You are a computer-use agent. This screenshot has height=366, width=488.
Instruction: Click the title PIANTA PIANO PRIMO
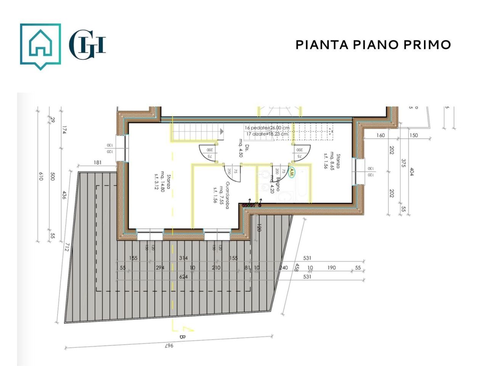coord(373,45)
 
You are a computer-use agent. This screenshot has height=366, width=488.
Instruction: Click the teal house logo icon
coord(40,45)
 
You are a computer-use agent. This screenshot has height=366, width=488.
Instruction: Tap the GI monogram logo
coord(87,45)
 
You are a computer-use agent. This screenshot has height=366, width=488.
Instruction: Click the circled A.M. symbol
coord(292,172)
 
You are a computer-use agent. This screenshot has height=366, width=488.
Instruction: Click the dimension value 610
coord(41,177)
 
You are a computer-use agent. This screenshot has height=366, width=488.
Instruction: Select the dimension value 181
coord(98,163)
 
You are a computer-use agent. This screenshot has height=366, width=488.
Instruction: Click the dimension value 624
coord(183,277)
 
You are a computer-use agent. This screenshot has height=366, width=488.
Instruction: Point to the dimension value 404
coord(412,172)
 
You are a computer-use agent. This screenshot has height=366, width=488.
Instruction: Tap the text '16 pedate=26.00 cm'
coord(267,128)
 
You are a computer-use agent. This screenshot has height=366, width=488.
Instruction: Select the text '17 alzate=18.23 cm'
coord(267,134)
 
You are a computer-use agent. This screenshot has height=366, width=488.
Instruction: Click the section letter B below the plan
coord(181,337)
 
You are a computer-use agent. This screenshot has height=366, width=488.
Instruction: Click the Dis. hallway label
coord(247,148)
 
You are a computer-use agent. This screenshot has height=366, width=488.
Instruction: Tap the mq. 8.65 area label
coord(332,161)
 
